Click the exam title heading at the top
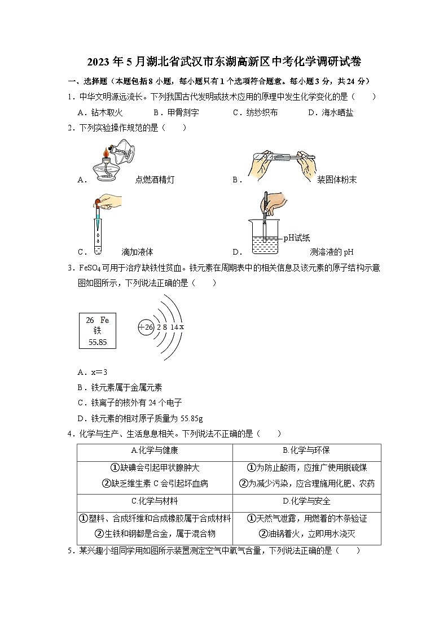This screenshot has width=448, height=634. [x=225, y=61]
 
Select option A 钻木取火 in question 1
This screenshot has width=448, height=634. [x=100, y=112]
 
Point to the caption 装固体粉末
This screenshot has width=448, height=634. [x=337, y=180]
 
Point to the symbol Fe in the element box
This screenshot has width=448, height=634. [x=104, y=320]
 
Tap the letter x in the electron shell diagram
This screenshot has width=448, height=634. [x=182, y=327]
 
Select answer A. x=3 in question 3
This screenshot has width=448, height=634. [x=93, y=372]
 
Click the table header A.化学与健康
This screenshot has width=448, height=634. [x=154, y=451]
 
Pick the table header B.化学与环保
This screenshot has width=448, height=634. [x=306, y=451]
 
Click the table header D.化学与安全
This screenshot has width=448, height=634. [x=306, y=501]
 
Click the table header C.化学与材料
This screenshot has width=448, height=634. [x=154, y=501]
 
